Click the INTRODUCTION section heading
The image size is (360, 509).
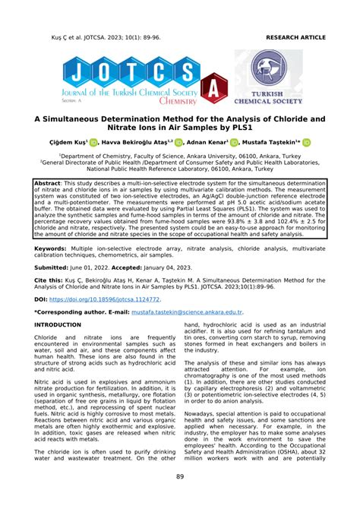[x=62, y=324]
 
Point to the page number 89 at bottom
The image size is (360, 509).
[x=180, y=477]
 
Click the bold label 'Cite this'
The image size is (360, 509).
[x=49, y=280]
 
